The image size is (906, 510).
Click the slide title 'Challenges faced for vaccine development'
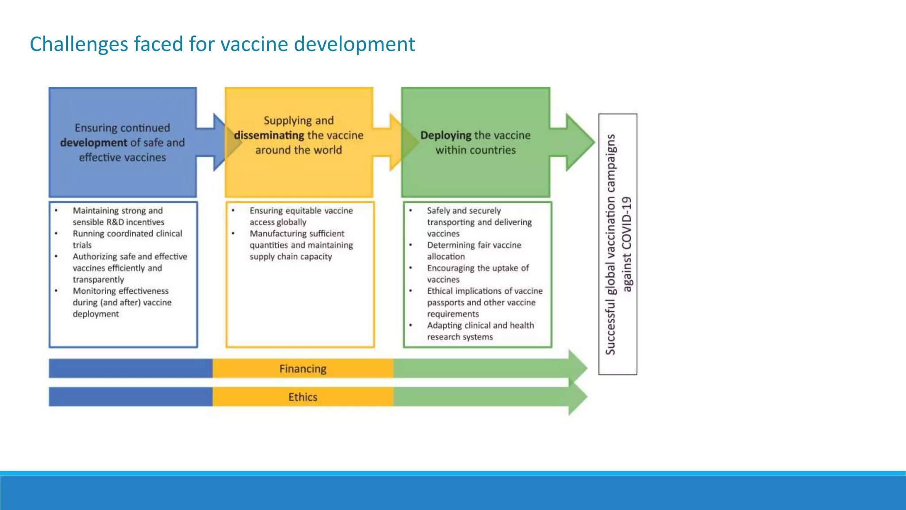pos(222,44)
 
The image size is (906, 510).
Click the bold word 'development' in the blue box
pos(93,143)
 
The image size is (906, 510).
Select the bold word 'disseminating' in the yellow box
pos(269,135)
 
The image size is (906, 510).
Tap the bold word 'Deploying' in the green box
pos(445,135)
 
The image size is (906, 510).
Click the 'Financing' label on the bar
pos(303,369)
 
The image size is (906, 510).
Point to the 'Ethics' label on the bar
pos(303,397)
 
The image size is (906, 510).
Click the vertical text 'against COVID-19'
pos(627,244)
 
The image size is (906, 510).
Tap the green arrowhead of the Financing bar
pos(578,367)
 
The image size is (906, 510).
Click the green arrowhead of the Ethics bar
pos(578,397)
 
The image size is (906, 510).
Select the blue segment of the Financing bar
pos(131,368)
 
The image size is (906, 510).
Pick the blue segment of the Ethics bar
pos(131,397)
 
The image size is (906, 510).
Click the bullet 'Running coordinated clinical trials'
pos(127,239)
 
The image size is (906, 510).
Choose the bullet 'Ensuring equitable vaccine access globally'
pos(301,216)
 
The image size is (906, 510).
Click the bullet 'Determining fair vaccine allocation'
pos(474,251)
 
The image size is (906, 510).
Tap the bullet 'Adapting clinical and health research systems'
pos(480,331)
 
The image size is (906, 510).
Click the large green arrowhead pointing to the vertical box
pos(580,142)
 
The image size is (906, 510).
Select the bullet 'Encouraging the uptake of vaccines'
pos(477,274)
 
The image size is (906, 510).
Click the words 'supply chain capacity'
pos(290,257)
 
